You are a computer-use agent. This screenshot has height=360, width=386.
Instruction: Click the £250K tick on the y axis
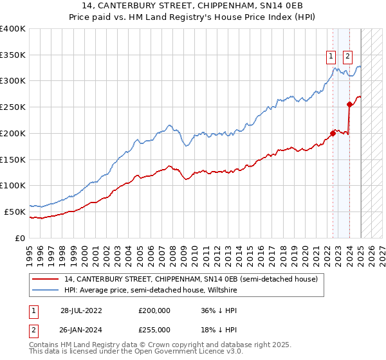13,107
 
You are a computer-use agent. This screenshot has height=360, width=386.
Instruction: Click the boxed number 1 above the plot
331,56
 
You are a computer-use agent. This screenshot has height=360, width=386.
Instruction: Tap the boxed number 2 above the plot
347,56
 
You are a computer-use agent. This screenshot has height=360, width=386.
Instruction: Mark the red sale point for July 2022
333,134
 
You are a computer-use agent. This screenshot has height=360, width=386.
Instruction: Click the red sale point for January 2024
349,105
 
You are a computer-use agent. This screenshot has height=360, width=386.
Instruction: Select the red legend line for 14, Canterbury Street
46,280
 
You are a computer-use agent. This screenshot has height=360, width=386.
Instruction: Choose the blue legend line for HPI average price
46,290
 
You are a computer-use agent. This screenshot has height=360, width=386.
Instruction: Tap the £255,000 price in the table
154,329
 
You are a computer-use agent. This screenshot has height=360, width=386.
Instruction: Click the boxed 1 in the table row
32,310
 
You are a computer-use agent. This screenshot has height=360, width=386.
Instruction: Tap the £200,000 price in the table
154,310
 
